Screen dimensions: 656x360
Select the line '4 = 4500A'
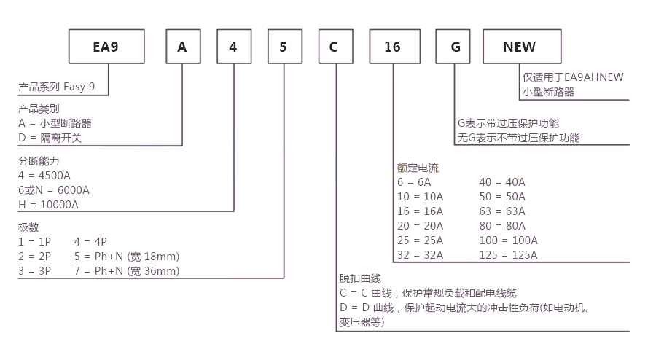pyautogui.click(x=44, y=176)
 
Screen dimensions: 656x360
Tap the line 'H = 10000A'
pyautogui.click(x=48, y=205)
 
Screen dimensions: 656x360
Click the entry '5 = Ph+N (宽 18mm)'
pyautogui.click(x=127, y=257)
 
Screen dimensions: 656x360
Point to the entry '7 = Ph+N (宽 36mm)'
pyautogui.click(x=127, y=271)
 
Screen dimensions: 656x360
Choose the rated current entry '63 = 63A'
pyautogui.click(x=502, y=211)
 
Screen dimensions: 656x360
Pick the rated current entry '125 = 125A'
pyautogui.click(x=508, y=255)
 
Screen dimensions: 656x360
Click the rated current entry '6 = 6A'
pyautogui.click(x=414, y=182)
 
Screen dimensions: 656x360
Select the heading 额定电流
pyautogui.click(x=418, y=168)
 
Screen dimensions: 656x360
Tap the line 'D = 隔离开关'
pyautogui.click(x=50, y=138)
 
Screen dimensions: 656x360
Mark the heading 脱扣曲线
pyautogui.click(x=360, y=278)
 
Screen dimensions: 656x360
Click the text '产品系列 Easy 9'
pyautogui.click(x=56, y=87)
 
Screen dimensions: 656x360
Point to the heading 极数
pyautogui.click(x=28, y=227)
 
